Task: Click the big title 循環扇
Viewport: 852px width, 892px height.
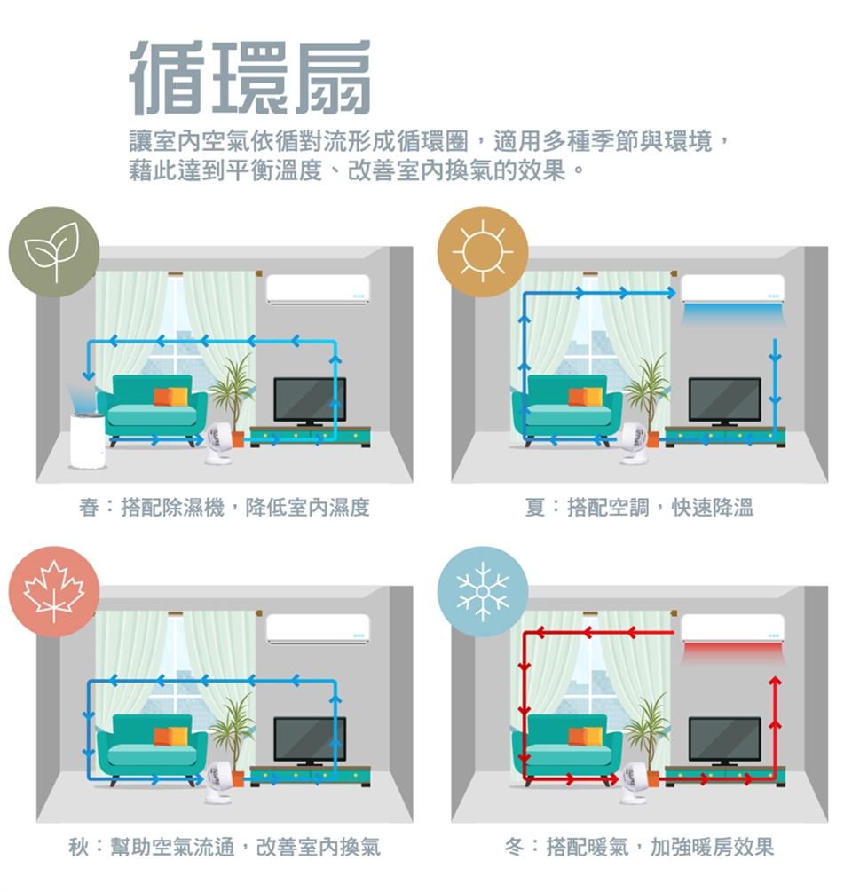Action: point(250,77)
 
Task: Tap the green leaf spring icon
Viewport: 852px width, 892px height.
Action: point(54,251)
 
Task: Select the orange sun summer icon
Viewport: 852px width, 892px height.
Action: point(482,251)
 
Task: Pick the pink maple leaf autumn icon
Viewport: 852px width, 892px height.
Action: point(54,592)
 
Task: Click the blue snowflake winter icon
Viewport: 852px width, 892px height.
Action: point(482,592)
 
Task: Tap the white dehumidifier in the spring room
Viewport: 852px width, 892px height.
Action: point(88,439)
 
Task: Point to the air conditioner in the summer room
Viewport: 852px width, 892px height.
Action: point(732,289)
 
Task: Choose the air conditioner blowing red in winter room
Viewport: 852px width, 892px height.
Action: point(732,629)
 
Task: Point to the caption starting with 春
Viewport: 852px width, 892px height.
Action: point(225,507)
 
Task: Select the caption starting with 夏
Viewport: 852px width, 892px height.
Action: point(639,507)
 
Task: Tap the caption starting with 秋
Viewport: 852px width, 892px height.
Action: point(225,847)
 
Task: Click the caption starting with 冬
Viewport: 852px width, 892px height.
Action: point(639,847)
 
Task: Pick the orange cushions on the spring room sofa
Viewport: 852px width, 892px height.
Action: point(170,397)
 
